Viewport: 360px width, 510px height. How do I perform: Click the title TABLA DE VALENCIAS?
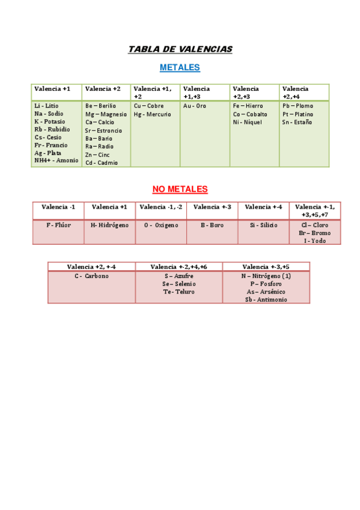click(180, 49)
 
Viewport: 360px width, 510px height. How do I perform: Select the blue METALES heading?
click(180, 68)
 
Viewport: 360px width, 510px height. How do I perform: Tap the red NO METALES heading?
click(180, 189)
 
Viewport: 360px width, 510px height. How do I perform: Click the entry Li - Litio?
click(46, 106)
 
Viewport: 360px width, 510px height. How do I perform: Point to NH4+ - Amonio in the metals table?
click(56, 161)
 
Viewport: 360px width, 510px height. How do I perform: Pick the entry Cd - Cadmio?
click(102, 162)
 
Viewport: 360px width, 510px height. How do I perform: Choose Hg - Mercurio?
click(153, 114)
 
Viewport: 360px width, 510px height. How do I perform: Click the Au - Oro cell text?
click(195, 106)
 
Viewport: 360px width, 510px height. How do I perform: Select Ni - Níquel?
click(248, 122)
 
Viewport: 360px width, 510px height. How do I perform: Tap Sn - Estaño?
click(297, 122)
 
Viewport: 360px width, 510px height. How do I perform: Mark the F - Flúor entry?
click(58, 225)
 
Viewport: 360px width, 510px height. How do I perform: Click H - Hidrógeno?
click(109, 225)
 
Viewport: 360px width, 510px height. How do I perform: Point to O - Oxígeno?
click(161, 225)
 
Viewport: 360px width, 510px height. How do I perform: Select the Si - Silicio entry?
click(263, 225)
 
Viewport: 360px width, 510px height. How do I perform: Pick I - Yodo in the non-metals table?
click(315, 241)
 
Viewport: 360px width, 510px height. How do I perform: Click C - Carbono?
click(91, 275)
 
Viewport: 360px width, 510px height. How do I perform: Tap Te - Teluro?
click(179, 292)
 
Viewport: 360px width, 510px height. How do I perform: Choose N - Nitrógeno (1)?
click(266, 275)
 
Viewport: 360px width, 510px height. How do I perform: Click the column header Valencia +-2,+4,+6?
click(179, 266)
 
